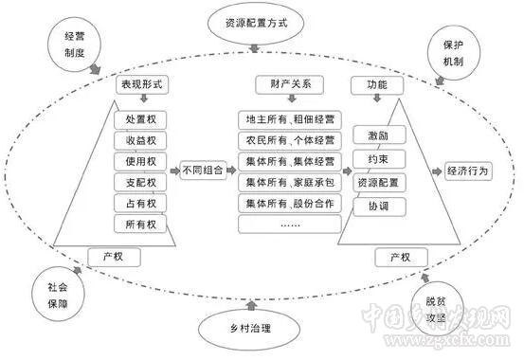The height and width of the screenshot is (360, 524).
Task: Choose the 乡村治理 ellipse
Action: click(x=249, y=328)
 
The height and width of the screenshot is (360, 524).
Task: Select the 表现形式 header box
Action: click(x=141, y=85)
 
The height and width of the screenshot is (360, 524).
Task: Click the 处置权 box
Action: click(x=141, y=120)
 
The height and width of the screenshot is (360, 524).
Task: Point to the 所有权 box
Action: click(x=141, y=225)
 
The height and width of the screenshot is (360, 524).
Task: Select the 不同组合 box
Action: click(x=197, y=172)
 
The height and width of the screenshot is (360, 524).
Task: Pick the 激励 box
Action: click(x=372, y=137)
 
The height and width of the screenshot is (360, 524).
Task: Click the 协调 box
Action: click(x=372, y=207)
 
